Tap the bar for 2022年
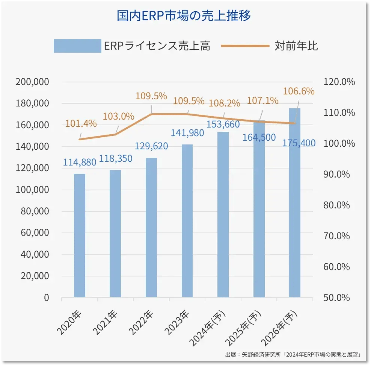151,228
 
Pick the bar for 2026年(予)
295,203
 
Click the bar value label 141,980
187,133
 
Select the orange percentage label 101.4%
81,123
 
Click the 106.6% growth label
299,91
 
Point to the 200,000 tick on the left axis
32,82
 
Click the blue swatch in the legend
77,46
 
